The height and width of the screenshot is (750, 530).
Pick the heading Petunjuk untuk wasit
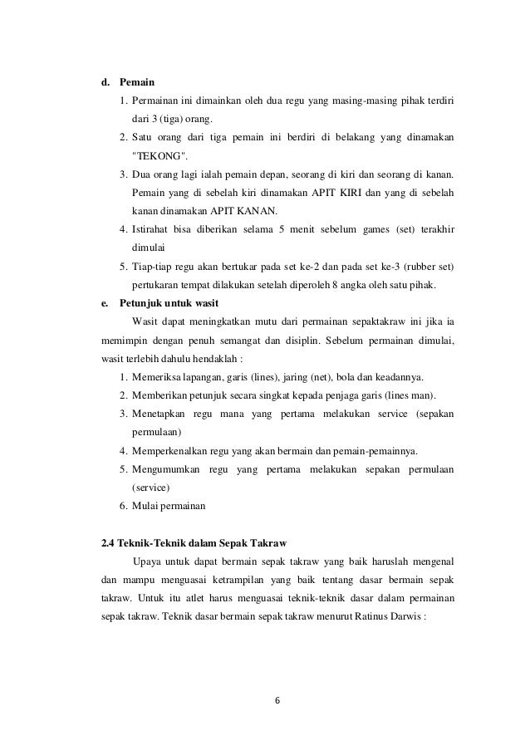(x=169, y=302)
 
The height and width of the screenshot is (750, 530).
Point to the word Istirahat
(x=155, y=229)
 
